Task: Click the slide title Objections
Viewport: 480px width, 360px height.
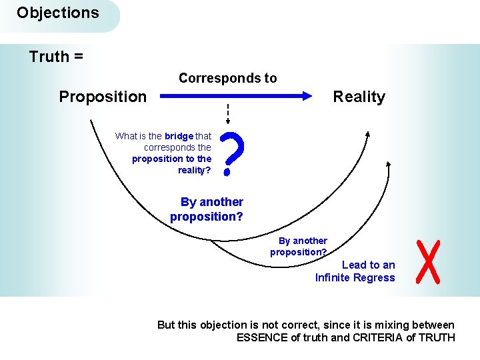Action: coord(57,13)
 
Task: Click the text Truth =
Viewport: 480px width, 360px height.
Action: coord(56,57)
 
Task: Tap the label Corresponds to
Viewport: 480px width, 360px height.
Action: coord(227,78)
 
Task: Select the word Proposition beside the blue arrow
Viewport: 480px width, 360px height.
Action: coord(103,97)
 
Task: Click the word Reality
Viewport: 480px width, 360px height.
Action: coord(359,97)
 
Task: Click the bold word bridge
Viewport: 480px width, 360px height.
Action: coord(179,136)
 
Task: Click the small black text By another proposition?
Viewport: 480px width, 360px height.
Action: coord(299,246)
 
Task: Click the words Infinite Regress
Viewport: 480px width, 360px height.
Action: coord(355,277)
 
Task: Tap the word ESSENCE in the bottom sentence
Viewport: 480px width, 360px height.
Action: coord(262,337)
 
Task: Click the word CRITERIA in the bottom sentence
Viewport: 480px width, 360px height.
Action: coord(378,337)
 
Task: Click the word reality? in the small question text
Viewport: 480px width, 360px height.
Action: coord(195,170)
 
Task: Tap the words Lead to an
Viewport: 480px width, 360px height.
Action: coord(368,265)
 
